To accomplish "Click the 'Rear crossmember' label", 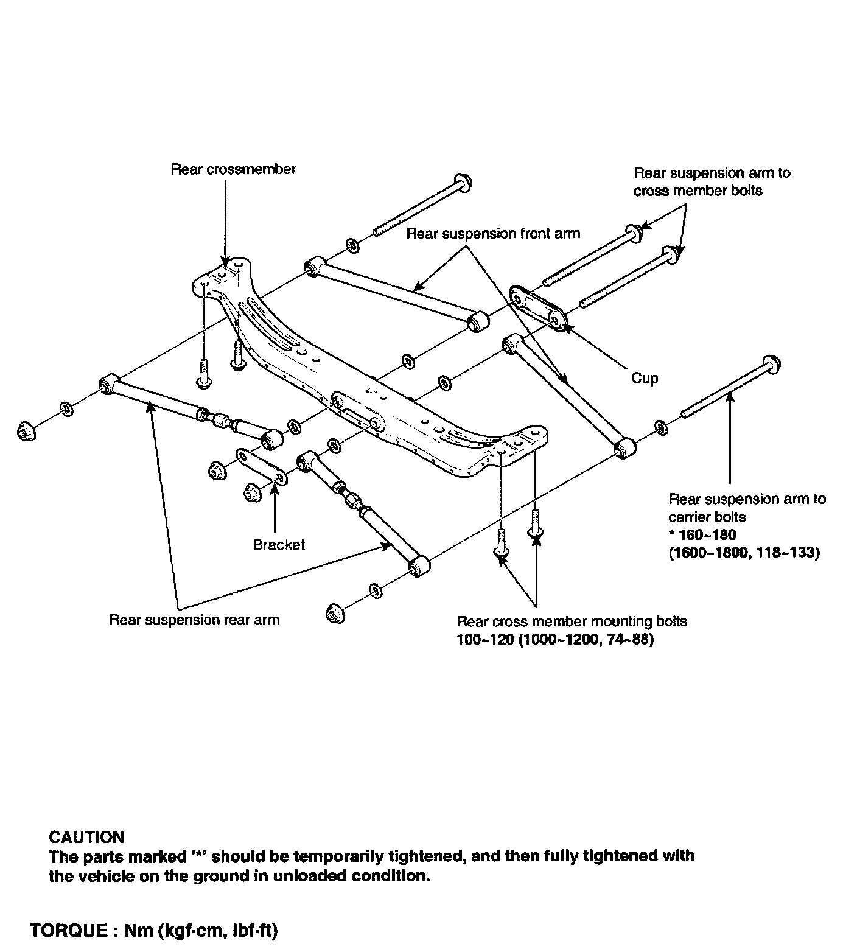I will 233,169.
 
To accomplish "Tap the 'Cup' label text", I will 645,378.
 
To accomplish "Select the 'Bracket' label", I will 279,545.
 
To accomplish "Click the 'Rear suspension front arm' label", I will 493,233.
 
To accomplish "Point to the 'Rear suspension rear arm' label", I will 194,620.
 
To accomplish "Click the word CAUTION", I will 86,837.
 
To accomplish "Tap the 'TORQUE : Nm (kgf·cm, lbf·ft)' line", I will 154,931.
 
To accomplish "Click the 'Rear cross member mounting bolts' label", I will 572,621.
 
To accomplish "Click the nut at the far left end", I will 24,432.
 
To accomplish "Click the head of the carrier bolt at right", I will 771,364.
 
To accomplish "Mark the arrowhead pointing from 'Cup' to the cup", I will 567,329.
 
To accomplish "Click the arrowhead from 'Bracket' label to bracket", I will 275,490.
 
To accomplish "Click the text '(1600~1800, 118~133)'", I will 744,553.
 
